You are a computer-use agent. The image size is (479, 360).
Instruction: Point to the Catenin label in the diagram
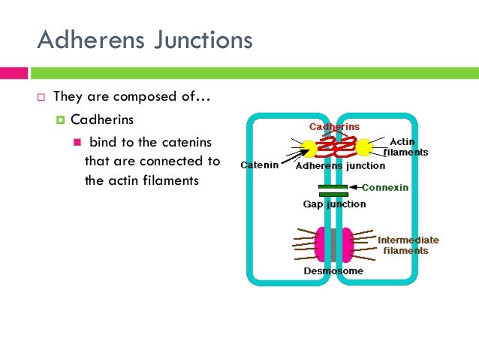coord(260,164)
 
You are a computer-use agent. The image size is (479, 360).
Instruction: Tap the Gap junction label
coord(334,204)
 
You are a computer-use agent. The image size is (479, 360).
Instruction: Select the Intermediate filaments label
coord(408,245)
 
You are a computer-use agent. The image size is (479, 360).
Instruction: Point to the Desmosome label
coord(333,270)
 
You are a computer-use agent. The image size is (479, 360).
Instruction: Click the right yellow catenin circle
coord(363,147)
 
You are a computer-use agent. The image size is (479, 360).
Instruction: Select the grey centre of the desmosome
coord(333,243)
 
